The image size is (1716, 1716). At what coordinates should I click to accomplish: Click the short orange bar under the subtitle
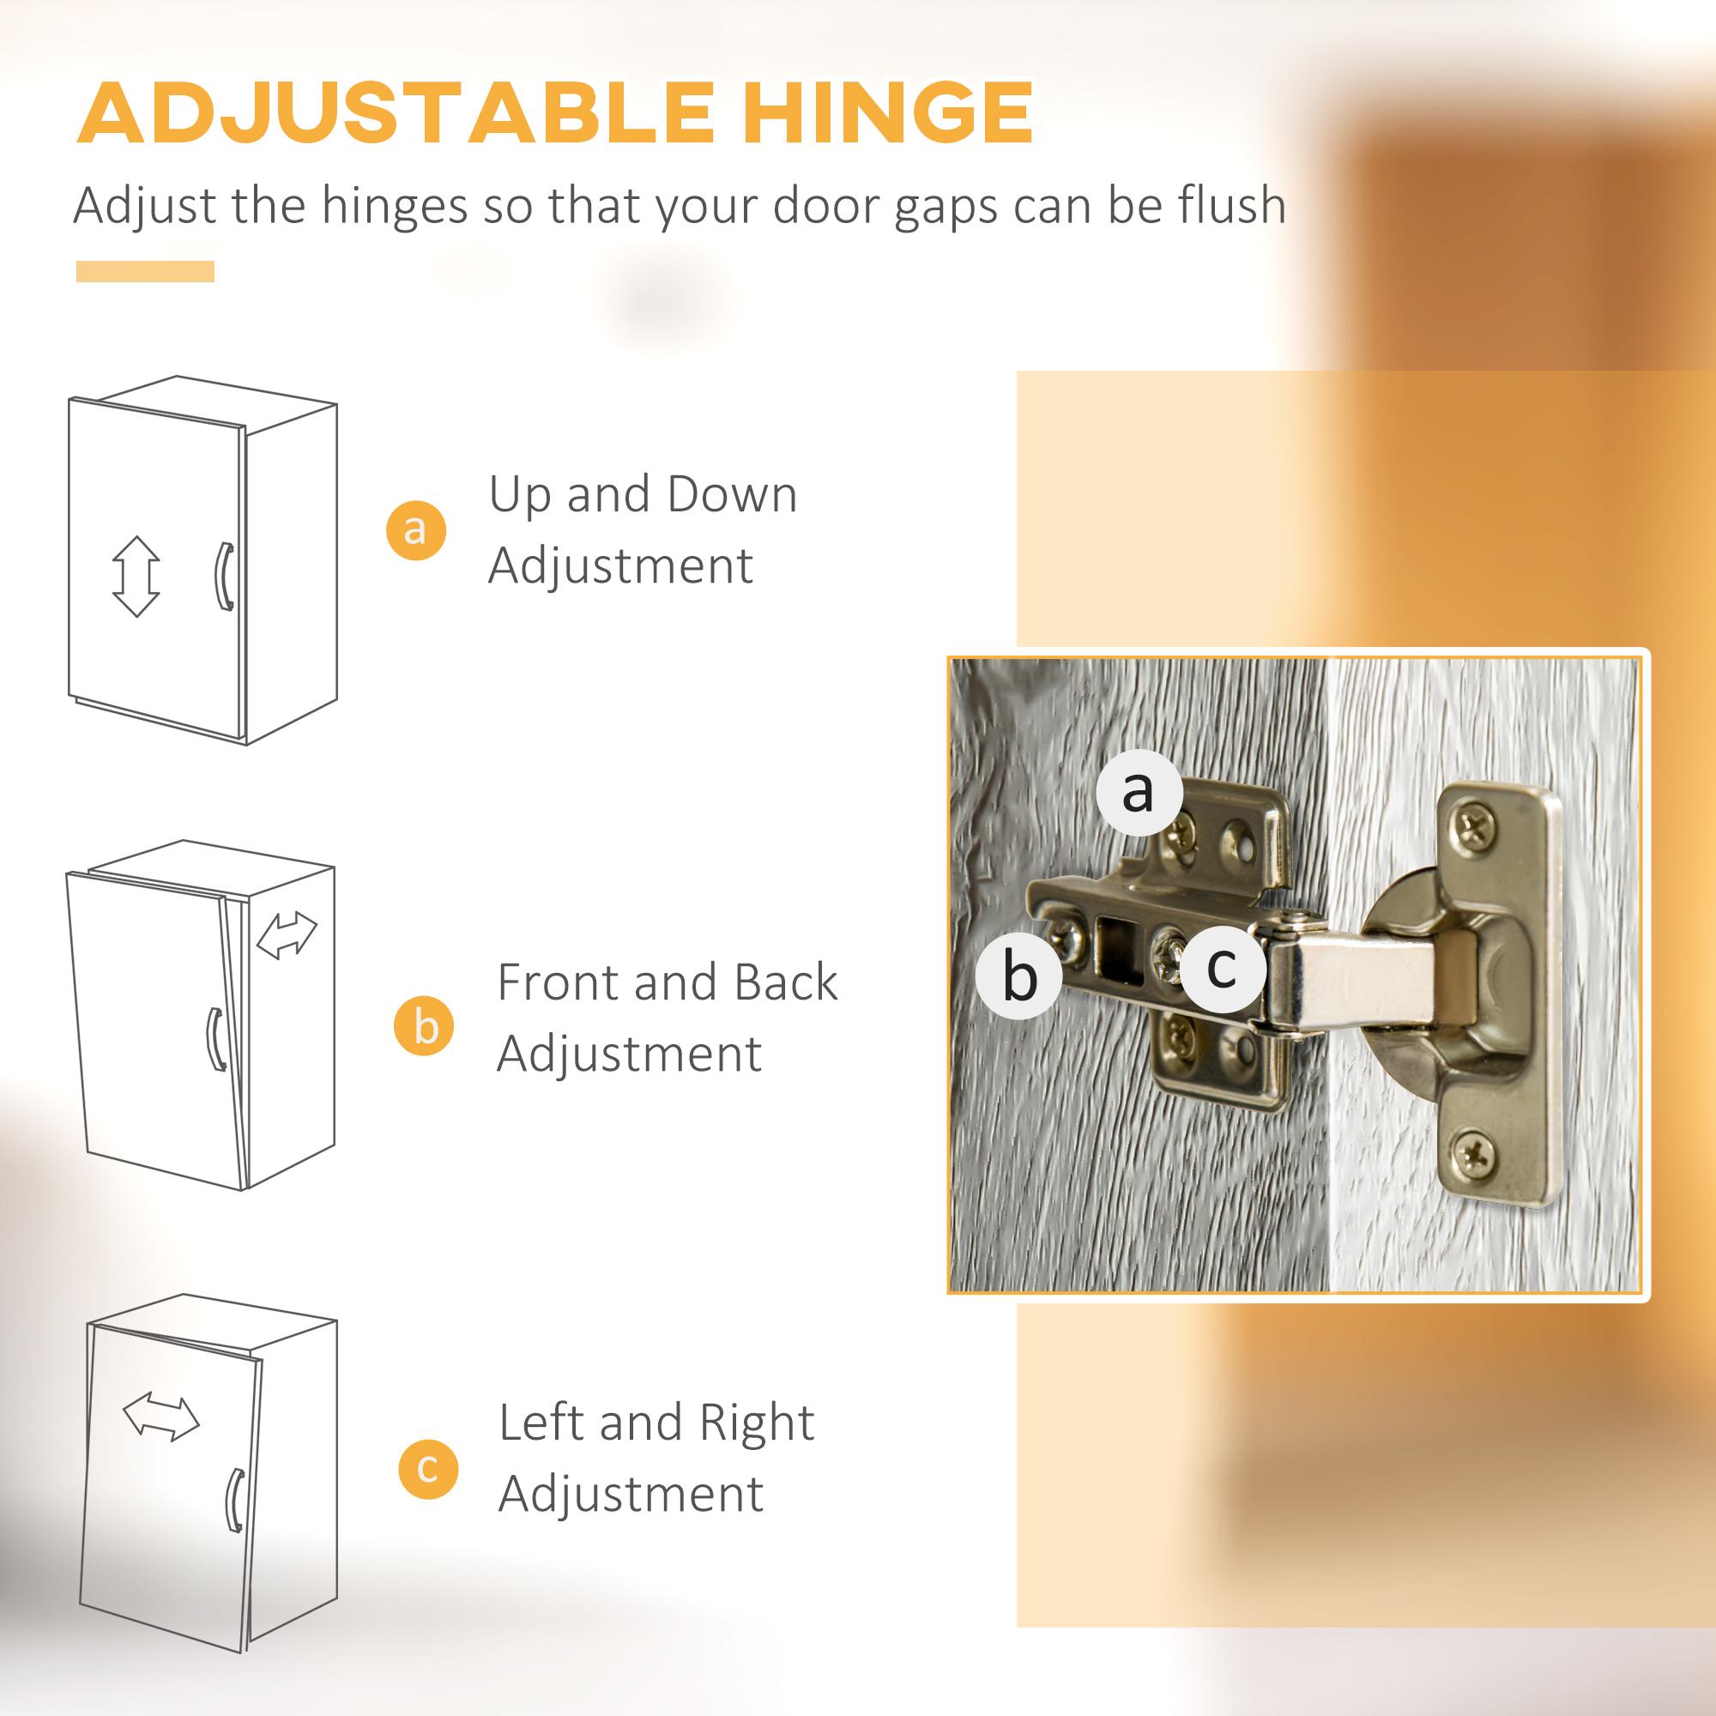pos(145,272)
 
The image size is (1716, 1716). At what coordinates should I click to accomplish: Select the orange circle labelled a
pos(415,530)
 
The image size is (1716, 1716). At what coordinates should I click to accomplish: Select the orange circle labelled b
pos(425,1026)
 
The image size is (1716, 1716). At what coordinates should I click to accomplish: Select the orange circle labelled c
pos(428,1469)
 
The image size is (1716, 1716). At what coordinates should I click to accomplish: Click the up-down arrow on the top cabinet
pos(136,577)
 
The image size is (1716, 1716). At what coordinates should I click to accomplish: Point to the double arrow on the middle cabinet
pos(286,935)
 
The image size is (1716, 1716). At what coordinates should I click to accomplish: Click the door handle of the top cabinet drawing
pos(225,577)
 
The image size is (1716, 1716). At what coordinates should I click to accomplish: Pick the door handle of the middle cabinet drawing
pos(216,1039)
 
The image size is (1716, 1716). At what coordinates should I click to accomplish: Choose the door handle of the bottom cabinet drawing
pos(235,1500)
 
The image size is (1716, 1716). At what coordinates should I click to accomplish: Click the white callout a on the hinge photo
pos(1139,792)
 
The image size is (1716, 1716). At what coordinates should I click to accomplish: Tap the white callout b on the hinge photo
pos(1018,976)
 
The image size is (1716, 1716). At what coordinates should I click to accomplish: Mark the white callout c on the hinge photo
pos(1222,969)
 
